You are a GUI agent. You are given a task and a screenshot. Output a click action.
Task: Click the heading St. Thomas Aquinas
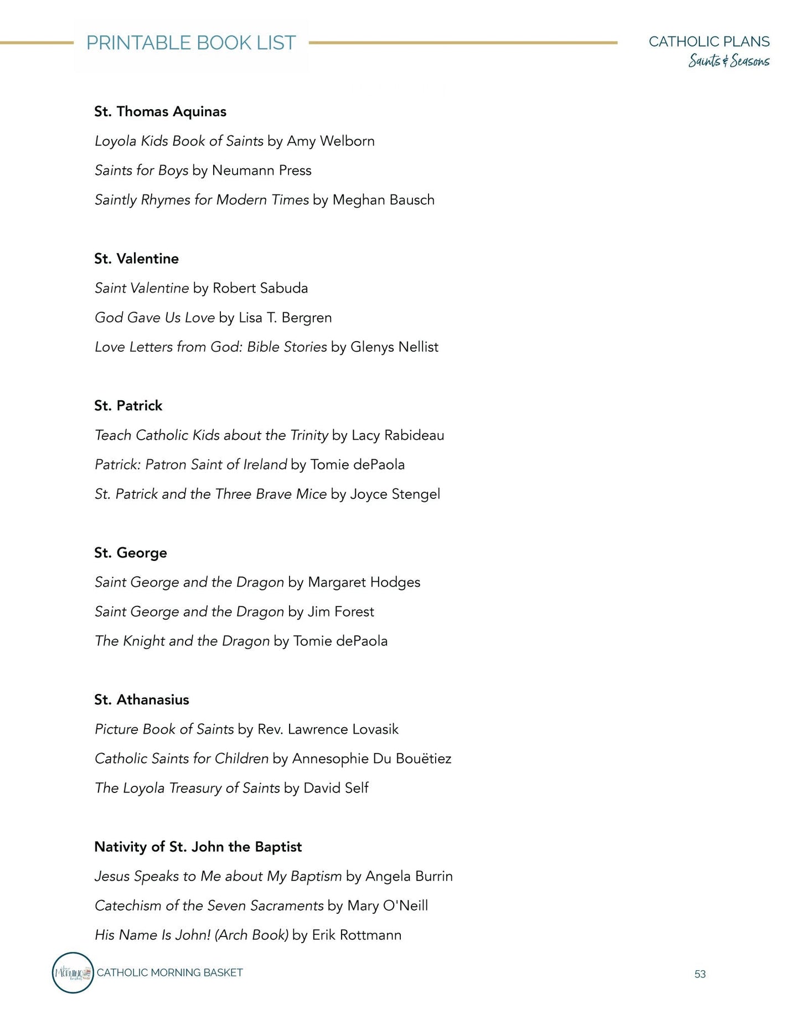(160, 111)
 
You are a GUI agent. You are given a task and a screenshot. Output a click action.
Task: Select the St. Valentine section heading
(136, 259)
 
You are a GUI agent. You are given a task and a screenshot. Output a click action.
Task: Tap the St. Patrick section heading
(128, 405)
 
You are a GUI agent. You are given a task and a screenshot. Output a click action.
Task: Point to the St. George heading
(130, 553)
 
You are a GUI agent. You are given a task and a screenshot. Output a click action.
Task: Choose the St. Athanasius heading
(141, 699)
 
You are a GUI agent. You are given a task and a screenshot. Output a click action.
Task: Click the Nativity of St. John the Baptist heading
(198, 847)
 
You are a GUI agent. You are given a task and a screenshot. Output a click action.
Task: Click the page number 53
(700, 974)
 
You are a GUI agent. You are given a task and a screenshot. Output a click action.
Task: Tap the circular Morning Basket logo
(73, 972)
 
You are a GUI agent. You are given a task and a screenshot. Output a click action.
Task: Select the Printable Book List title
(191, 43)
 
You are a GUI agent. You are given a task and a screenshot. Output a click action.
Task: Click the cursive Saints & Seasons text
(729, 60)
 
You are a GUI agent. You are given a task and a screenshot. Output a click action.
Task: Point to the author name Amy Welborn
(331, 141)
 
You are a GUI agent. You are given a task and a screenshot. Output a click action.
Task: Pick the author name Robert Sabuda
(260, 288)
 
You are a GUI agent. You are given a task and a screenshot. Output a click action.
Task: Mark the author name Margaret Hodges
(364, 582)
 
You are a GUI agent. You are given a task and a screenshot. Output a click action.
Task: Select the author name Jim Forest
(340, 611)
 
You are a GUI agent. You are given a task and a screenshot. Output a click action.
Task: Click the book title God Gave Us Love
(154, 317)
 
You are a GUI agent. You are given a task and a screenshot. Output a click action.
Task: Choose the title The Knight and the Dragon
(182, 641)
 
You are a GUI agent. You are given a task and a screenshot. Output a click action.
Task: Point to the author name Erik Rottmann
(357, 935)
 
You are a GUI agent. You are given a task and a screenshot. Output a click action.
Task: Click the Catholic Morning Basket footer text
(169, 972)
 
